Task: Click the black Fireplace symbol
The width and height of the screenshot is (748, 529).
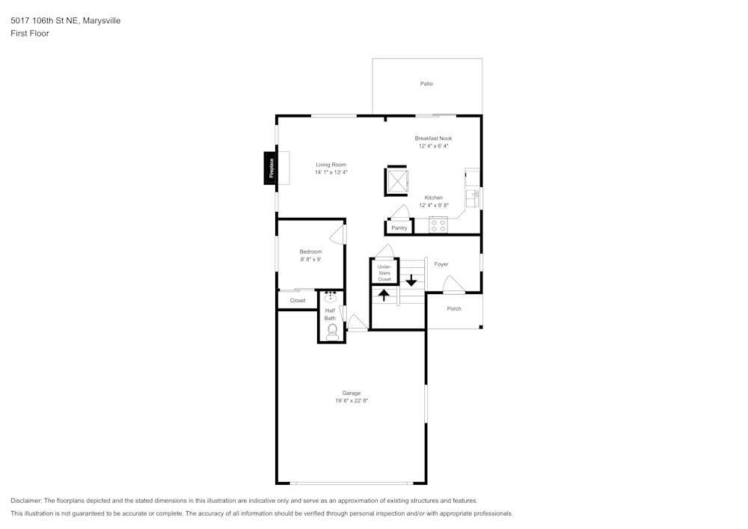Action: [270, 168]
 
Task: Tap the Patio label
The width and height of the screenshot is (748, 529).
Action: [426, 84]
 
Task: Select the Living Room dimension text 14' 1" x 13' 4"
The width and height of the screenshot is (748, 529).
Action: [331, 173]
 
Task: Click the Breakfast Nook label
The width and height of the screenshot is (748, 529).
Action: [433, 138]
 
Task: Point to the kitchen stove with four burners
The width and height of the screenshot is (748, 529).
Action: [438, 224]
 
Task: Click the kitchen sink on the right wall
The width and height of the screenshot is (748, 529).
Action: [473, 198]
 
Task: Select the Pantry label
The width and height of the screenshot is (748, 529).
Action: [399, 227]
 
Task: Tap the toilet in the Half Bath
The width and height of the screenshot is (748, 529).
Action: [332, 330]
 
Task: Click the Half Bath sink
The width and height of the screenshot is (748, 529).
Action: [331, 297]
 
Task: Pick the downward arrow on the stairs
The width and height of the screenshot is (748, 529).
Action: [411, 280]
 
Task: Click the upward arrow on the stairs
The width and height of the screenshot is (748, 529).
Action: [384, 295]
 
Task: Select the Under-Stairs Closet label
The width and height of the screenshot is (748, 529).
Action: [384, 273]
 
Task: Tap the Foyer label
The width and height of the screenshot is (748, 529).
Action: [441, 264]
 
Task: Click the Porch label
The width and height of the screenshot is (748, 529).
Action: [454, 308]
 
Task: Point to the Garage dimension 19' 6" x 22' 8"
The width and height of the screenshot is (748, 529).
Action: [352, 401]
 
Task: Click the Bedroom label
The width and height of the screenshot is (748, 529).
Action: [310, 251]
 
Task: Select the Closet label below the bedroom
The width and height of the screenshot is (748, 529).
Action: [298, 301]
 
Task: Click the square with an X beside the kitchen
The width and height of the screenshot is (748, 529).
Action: [396, 180]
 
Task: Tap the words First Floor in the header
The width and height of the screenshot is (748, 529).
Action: [30, 34]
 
